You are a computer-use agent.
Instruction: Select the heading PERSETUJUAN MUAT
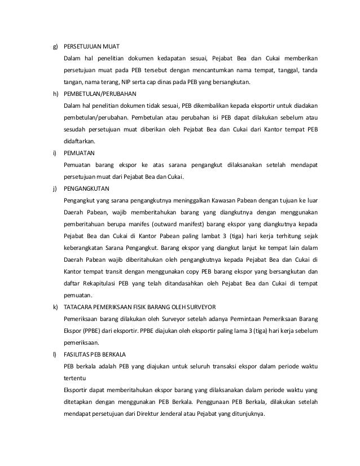(91, 45)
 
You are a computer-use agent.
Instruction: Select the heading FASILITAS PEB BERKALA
(95, 354)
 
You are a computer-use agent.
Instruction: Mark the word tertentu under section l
(76, 378)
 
